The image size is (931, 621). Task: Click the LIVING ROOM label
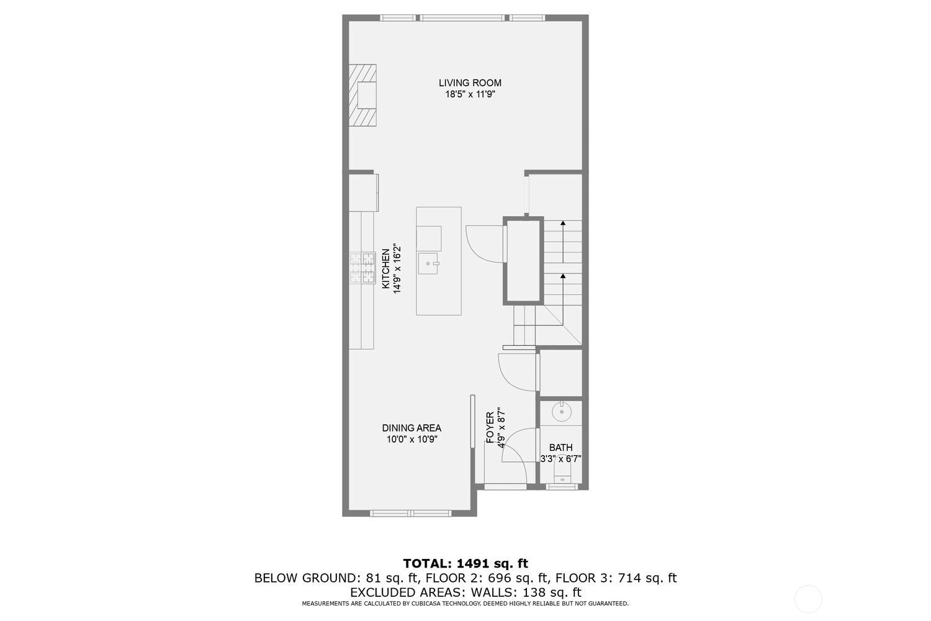click(470, 83)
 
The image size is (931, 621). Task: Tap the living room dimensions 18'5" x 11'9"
click(470, 94)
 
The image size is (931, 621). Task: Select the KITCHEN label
click(386, 268)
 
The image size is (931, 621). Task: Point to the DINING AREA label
click(412, 428)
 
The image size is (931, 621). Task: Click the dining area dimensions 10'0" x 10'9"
click(412, 439)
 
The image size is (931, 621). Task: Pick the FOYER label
click(490, 427)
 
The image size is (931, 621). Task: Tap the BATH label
click(560, 448)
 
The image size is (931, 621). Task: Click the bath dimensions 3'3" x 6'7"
click(560, 459)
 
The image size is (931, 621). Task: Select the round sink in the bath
click(562, 411)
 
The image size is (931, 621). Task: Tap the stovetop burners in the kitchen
click(362, 268)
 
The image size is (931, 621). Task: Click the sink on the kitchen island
click(428, 263)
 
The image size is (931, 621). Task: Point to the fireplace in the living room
click(362, 95)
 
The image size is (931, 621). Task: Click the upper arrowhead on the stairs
click(563, 223)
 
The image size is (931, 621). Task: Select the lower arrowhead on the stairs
click(563, 275)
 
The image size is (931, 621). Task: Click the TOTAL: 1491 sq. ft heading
click(465, 563)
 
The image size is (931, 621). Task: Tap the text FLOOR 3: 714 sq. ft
click(616, 578)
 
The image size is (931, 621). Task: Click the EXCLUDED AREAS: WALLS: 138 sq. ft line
click(465, 592)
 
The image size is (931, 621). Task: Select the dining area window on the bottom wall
click(411, 513)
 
